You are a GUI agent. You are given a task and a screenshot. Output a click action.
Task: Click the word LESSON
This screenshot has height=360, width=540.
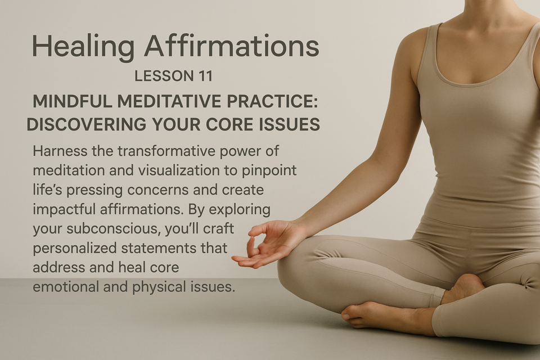pyautogui.click(x=163, y=76)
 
